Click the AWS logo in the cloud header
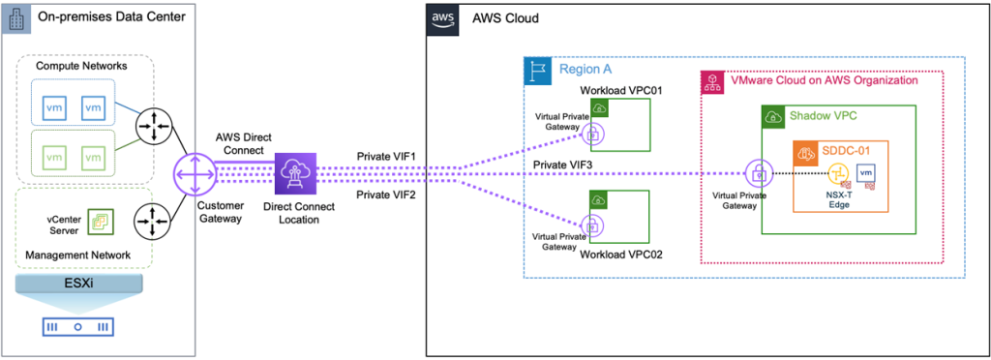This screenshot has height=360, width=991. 441,18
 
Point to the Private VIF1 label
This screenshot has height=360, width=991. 385,156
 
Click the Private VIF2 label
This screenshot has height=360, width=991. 385,195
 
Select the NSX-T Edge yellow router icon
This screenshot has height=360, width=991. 837,174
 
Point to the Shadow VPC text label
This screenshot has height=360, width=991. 823,116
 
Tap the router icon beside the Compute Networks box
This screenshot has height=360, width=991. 152,125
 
